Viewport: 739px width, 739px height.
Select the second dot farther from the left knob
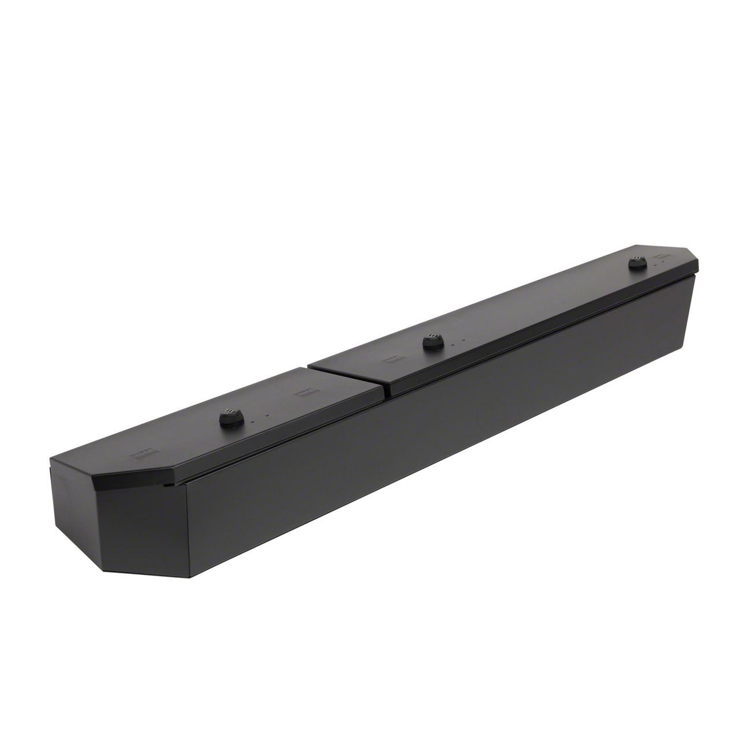click(x=267, y=416)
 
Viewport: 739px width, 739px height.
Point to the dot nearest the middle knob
click(x=453, y=345)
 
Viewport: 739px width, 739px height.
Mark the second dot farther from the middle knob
click(x=465, y=341)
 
